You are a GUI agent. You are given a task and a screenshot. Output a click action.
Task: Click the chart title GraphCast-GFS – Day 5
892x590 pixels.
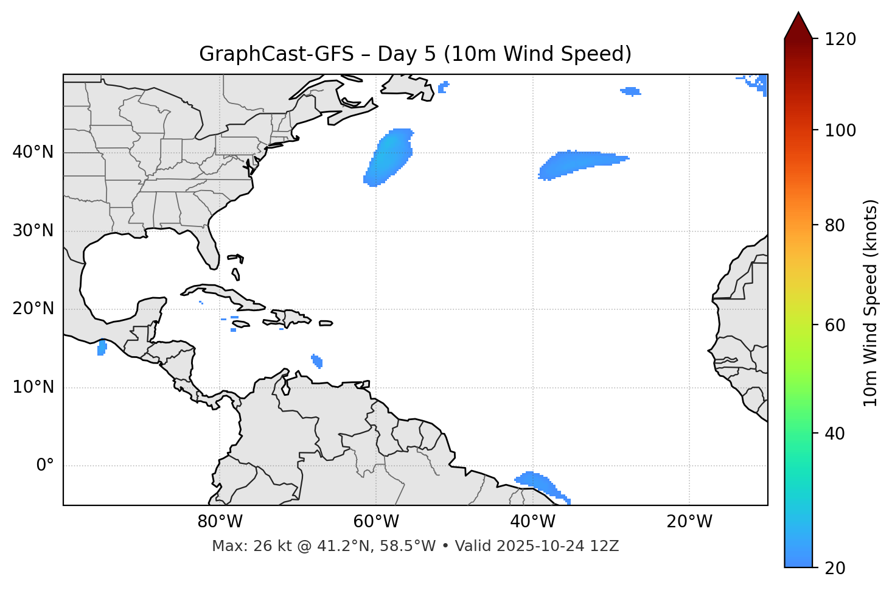point(415,54)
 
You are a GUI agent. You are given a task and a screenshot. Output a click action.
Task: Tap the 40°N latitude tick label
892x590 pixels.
point(33,152)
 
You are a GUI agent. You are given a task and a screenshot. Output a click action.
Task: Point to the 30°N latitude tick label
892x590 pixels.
point(33,231)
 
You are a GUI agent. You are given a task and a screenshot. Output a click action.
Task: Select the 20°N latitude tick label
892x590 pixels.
point(33,309)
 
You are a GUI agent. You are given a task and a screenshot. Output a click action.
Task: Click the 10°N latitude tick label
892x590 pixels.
point(33,387)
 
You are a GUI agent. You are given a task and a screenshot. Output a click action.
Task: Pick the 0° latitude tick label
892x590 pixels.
point(45,466)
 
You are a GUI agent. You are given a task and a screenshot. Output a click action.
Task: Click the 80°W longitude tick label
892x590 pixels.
point(220,522)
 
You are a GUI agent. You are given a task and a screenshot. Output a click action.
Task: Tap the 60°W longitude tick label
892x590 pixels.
point(376,522)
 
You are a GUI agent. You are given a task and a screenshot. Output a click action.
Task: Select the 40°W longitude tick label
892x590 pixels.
point(532,522)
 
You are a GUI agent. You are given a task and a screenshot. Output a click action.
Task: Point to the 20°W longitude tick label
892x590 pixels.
point(689,522)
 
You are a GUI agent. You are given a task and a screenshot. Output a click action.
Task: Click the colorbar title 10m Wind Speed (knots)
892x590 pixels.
point(871,303)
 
